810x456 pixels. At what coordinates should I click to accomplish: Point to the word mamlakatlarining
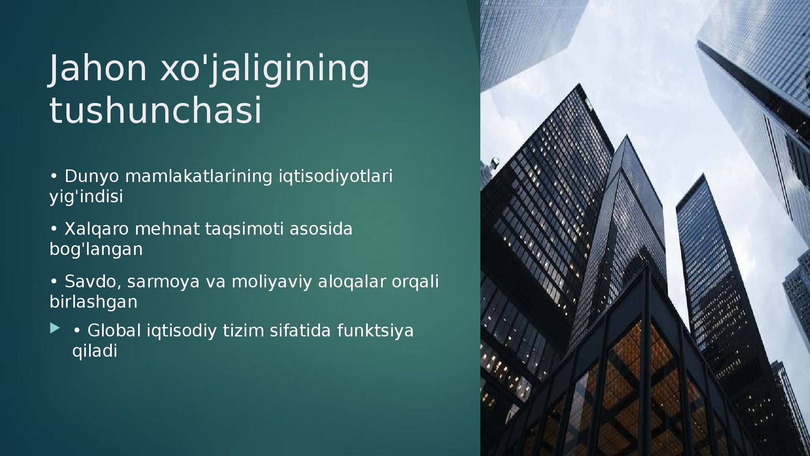(198, 176)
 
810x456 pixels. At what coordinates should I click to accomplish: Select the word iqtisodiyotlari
(336, 177)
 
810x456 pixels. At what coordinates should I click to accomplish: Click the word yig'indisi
(86, 197)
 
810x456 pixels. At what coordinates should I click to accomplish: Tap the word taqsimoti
(244, 229)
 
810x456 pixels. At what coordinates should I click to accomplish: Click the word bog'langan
(96, 250)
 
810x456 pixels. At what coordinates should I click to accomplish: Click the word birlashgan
(94, 302)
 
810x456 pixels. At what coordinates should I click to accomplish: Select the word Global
(114, 331)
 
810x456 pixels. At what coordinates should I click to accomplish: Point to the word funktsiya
(375, 331)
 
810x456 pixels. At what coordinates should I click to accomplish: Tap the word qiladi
(95, 351)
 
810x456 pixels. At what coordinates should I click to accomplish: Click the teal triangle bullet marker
(55, 328)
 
